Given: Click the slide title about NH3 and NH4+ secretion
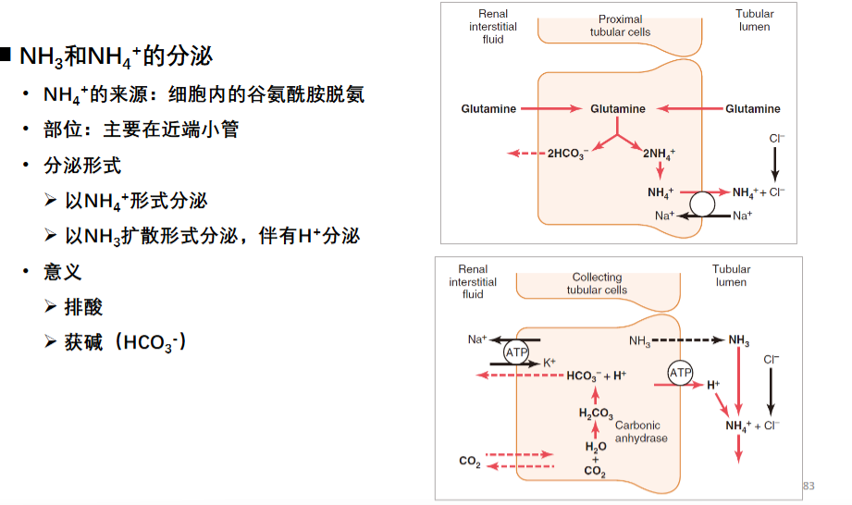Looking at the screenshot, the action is click(x=116, y=56).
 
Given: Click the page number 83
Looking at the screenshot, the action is click(x=809, y=486).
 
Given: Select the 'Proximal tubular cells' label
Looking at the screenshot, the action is click(x=620, y=26).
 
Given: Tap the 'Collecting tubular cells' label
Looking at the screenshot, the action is click(x=597, y=283).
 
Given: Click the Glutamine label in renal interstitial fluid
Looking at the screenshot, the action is click(x=488, y=108).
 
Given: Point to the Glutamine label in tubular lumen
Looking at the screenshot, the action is click(x=753, y=108).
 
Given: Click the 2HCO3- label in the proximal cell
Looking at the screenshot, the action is click(x=568, y=154).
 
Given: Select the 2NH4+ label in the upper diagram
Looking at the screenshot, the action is click(x=659, y=154).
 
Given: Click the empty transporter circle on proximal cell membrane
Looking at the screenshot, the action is click(x=702, y=204).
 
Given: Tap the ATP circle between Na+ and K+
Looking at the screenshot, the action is click(x=515, y=351).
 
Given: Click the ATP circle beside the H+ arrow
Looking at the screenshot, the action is click(x=680, y=373).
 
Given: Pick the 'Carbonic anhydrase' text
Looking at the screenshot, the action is click(x=640, y=432).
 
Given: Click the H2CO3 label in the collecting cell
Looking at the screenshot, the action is click(x=596, y=413).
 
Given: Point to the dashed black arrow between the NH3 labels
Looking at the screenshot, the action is click(x=688, y=340).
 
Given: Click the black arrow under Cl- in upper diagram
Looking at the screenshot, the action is click(x=775, y=165).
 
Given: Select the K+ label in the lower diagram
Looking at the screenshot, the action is click(x=549, y=363).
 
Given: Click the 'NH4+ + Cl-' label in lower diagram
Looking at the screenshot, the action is click(x=753, y=425).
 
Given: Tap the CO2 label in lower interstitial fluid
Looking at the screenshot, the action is click(x=470, y=462).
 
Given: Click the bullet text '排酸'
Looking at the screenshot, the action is click(x=83, y=307).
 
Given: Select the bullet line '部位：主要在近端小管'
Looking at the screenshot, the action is click(x=142, y=129).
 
